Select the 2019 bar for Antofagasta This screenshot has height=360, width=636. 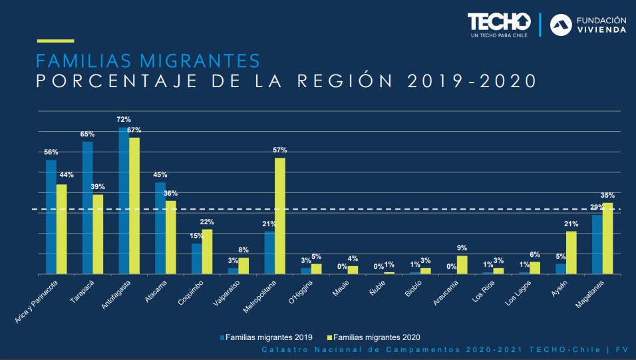click(x=124, y=200)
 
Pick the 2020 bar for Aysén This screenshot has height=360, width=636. click(x=571, y=252)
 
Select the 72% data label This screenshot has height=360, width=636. click(x=124, y=120)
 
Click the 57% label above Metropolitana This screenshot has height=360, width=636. click(x=280, y=150)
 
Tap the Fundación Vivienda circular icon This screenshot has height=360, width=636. click(x=561, y=24)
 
